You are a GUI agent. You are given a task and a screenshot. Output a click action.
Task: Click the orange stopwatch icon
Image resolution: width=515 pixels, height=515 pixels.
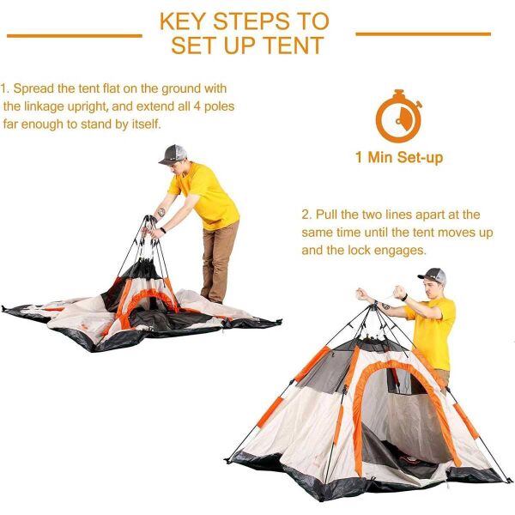(398, 116)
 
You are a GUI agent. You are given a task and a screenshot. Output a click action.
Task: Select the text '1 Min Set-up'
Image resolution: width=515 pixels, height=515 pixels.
(399, 157)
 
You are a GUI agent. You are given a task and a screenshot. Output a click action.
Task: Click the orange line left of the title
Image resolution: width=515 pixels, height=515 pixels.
(75, 35)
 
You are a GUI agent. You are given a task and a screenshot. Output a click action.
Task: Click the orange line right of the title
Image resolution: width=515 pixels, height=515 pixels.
(423, 33)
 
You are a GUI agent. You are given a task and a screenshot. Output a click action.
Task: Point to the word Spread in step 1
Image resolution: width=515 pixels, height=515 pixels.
(33, 89)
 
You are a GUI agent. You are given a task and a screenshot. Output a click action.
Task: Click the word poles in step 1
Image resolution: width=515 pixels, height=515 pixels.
(219, 106)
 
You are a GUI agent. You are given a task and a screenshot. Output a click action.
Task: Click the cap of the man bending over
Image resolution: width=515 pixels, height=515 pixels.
(173, 154)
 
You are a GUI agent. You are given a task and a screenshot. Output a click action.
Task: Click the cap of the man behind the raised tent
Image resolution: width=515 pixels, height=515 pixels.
(433, 276)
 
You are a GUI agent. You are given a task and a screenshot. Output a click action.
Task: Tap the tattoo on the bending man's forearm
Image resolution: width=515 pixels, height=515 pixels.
(161, 212)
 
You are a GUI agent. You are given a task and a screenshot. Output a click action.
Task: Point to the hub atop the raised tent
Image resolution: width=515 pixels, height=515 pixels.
(374, 306)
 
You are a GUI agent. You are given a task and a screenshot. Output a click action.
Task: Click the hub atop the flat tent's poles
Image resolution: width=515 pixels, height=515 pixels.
(150, 219)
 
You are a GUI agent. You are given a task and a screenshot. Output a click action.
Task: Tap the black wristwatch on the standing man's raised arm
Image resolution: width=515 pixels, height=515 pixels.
(404, 298)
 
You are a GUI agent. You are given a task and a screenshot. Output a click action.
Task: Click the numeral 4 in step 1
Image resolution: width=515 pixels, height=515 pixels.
(197, 106)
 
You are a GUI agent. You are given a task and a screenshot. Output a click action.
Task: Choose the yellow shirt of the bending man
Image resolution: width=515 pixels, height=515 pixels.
(205, 196)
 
